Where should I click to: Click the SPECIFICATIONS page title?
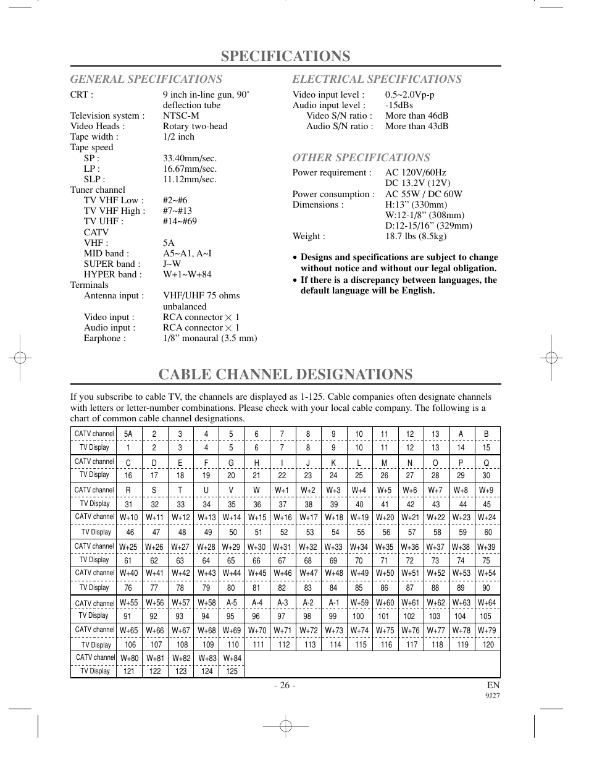(x=285, y=56)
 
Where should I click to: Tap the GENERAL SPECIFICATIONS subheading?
(x=146, y=79)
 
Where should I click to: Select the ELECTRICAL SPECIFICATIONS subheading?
(x=377, y=79)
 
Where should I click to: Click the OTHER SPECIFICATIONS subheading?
(x=361, y=158)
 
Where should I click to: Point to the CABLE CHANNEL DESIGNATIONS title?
(x=285, y=374)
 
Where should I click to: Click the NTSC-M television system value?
(x=181, y=116)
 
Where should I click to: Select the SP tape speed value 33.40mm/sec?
(x=190, y=158)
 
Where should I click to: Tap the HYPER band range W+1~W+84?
(x=187, y=274)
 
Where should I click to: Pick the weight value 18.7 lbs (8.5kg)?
(x=416, y=236)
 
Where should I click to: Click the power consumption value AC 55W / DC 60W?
(x=424, y=194)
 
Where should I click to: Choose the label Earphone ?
(x=104, y=338)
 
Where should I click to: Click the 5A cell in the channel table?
(x=128, y=434)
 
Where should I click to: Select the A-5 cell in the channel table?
(x=232, y=602)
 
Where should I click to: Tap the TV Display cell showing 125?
(x=232, y=671)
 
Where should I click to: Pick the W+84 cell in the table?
(x=232, y=658)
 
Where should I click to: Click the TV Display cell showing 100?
(x=358, y=616)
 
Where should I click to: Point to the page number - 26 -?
(x=285, y=685)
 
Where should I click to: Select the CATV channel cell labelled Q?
(x=487, y=462)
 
